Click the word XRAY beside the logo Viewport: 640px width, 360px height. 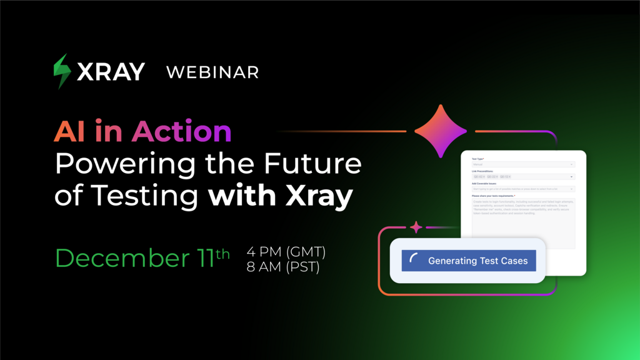111,72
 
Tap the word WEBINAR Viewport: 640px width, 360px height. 212,72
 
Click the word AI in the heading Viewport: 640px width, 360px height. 69,131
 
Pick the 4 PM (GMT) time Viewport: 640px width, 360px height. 286,252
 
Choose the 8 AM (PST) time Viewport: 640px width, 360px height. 283,267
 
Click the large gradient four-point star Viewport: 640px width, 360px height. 441,131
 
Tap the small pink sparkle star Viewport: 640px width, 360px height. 416,227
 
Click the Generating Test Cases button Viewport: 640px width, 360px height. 469,261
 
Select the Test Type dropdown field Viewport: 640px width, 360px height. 523,164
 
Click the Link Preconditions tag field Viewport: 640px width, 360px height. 523,177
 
